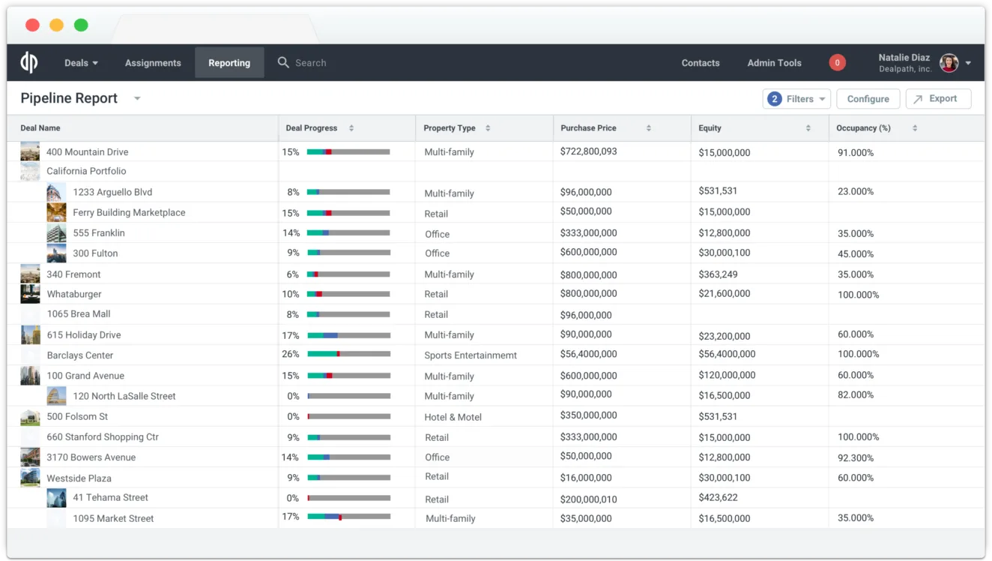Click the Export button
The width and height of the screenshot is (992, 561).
coord(938,99)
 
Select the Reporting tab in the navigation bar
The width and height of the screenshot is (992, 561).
coord(229,63)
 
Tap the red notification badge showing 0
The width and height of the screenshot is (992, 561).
coord(837,63)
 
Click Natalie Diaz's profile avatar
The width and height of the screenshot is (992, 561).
coord(949,63)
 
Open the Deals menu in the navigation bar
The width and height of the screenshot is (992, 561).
coord(81,63)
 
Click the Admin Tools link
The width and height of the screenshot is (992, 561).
coord(774,63)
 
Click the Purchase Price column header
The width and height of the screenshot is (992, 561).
coord(588,128)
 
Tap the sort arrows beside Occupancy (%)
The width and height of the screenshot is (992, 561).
coord(915,128)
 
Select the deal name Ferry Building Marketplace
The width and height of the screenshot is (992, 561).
coord(129,213)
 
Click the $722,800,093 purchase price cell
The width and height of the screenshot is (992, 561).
coord(588,151)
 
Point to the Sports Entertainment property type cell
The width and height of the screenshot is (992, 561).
coord(471,355)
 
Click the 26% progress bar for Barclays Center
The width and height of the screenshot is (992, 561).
coord(348,354)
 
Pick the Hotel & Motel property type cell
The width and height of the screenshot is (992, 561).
coord(453,417)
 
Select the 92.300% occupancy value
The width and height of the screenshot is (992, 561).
coord(855,457)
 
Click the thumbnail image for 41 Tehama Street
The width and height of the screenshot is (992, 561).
coord(56,498)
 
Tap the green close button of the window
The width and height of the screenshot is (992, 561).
coord(81,25)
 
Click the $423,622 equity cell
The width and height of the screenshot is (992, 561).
coord(718,497)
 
